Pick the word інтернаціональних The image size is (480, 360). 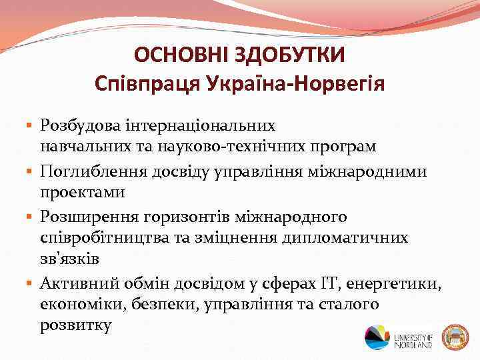click(194, 125)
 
